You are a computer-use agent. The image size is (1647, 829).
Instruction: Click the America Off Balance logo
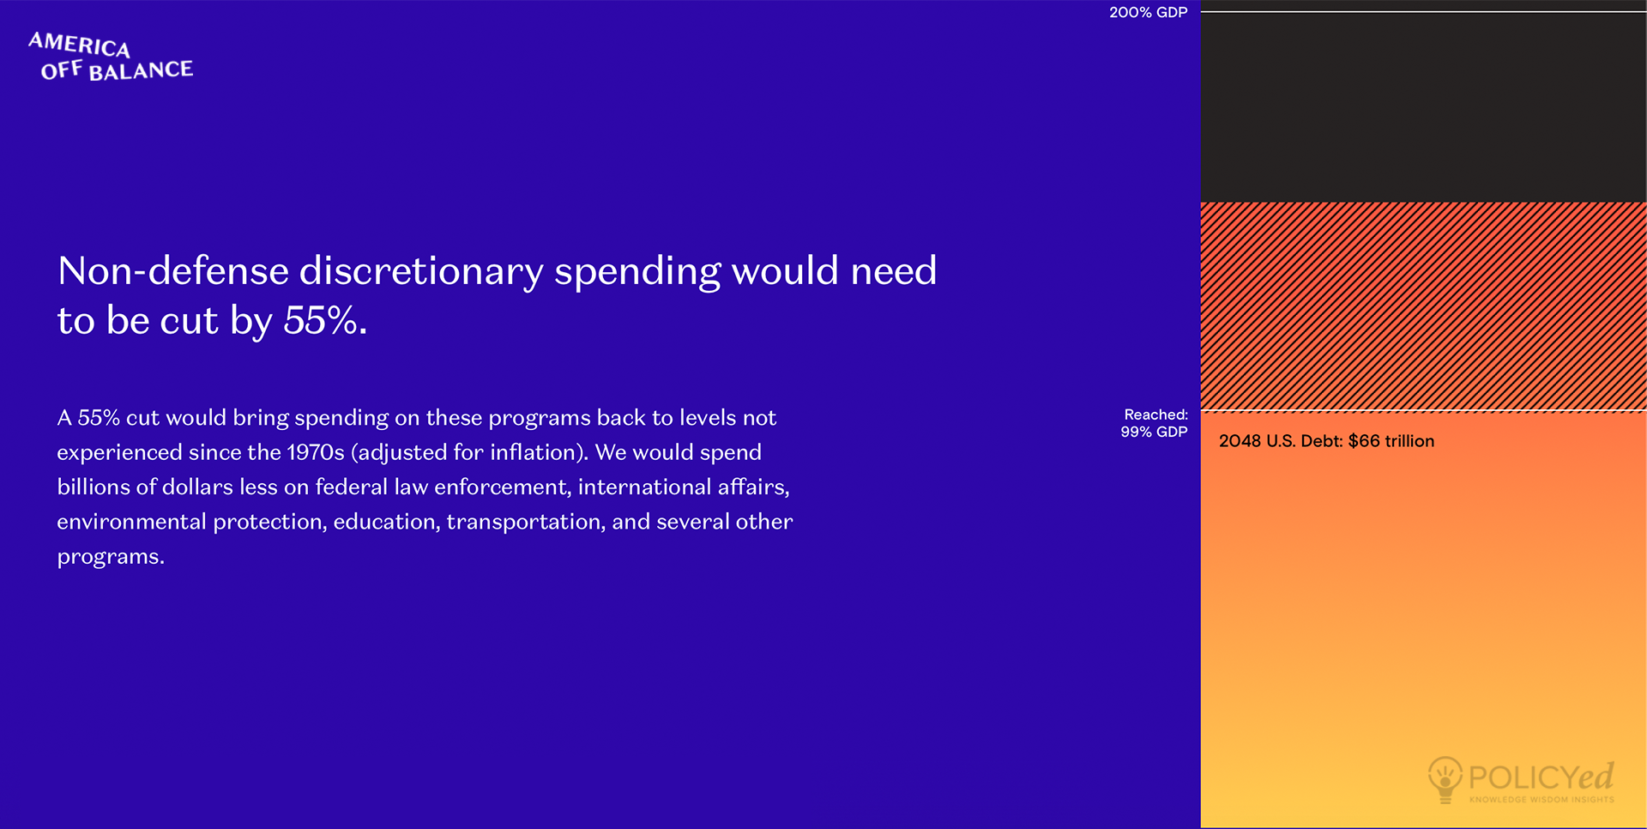tap(111, 57)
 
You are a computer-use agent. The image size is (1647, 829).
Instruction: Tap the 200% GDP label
tap(1148, 13)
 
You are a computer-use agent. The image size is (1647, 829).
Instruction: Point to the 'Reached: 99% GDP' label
tap(1154, 423)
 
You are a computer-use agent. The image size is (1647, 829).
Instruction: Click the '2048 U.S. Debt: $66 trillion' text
tap(1326, 441)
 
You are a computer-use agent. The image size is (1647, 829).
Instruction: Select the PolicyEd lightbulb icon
tap(1445, 779)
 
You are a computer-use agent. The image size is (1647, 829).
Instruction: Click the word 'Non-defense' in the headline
tap(172, 271)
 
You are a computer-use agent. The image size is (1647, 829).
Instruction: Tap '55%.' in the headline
tap(325, 321)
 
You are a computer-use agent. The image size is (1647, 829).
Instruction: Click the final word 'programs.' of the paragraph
tap(111, 558)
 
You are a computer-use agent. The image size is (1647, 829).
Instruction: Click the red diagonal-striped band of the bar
tap(1423, 306)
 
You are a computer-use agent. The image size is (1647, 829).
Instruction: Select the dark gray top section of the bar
tap(1423, 107)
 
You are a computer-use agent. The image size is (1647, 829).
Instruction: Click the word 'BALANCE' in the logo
tap(141, 70)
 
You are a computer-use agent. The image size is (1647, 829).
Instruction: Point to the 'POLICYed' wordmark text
tap(1541, 777)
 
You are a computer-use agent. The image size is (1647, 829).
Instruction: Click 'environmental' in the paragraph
tap(130, 522)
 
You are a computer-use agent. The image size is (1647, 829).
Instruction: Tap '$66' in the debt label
tap(1364, 441)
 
